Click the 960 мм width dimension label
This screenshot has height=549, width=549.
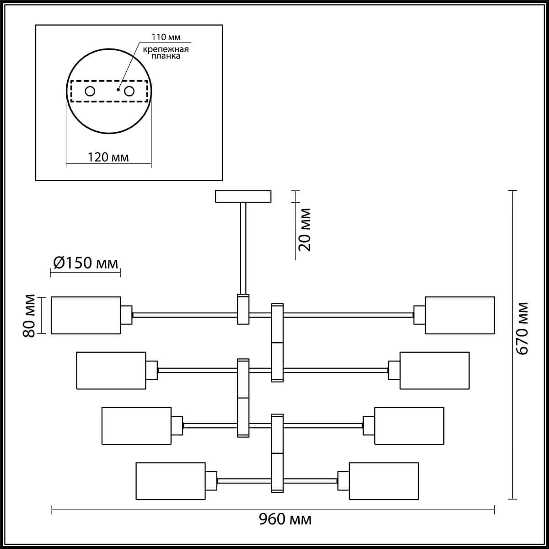point(285,519)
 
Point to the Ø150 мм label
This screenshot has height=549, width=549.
point(86,263)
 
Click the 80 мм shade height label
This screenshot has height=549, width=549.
point(30,315)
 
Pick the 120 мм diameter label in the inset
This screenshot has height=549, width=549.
point(108,157)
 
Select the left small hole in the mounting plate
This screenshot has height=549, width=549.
point(90,91)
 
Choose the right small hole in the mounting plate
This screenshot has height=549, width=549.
point(129,91)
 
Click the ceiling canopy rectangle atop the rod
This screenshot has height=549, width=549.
point(243,196)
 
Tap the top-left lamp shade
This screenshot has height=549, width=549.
point(86,315)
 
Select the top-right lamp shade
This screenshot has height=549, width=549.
point(460,315)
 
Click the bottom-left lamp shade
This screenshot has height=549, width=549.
point(170,481)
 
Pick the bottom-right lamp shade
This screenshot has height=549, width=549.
point(383,481)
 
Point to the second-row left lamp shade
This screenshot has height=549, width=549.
point(111,371)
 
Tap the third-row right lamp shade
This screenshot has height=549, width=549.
point(409,425)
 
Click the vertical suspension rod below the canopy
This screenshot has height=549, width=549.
point(243,247)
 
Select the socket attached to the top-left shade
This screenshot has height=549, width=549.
point(126,315)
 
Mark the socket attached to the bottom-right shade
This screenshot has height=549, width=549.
point(343,481)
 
